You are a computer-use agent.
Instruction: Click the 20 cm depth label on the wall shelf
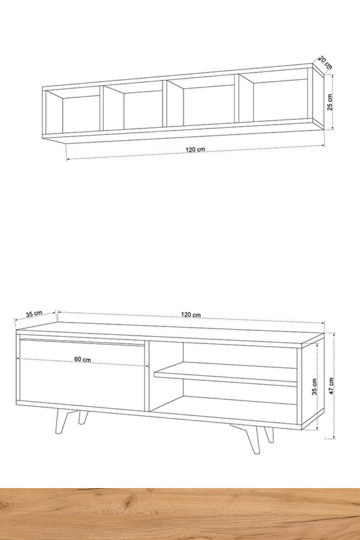tap(325, 62)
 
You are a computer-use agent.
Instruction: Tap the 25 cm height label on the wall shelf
tap(330, 102)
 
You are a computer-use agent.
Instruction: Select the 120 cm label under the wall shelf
tap(195, 149)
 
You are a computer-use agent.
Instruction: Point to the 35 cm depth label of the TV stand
tap(34, 313)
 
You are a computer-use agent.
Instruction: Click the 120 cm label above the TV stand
tap(191, 314)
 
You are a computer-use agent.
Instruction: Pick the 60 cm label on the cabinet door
tap(82, 360)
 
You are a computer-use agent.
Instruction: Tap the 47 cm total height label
tap(331, 386)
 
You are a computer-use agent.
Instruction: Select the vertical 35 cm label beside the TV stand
tap(314, 386)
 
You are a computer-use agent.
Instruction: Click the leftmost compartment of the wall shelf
tap(73, 111)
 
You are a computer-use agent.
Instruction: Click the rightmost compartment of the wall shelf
tap(276, 98)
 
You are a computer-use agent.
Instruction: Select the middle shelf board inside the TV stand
tap(226, 374)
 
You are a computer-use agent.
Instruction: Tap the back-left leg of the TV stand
tap(82, 417)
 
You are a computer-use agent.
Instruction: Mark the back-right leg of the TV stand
tap(269, 435)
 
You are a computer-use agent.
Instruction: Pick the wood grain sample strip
tap(180, 514)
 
